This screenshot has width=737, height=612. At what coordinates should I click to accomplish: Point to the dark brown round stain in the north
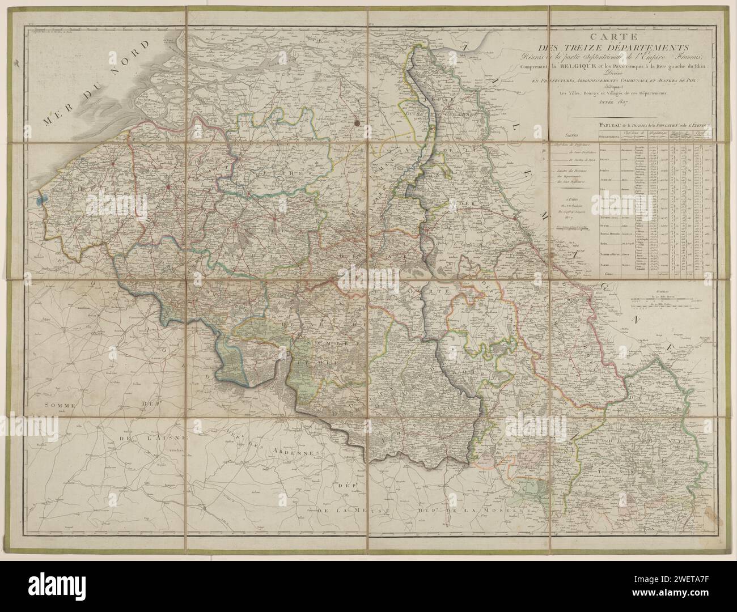[x=357, y=121]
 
